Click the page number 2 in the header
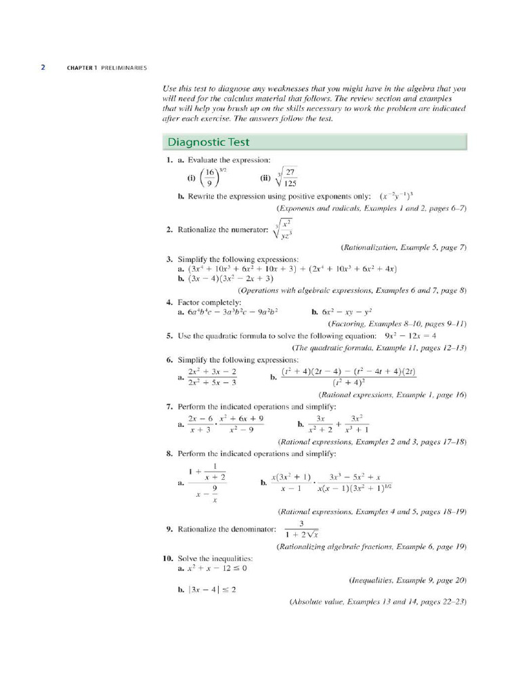[x=43, y=68]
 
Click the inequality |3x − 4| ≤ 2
[x=212, y=590]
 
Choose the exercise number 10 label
[x=168, y=557]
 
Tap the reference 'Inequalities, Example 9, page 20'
[x=408, y=580]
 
